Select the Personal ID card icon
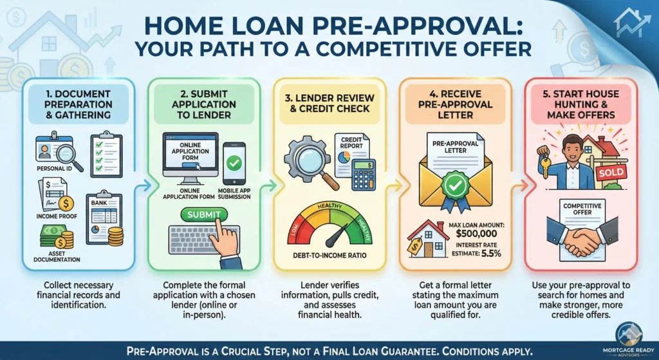click(53, 152)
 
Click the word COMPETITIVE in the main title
click(404, 49)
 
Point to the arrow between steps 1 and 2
click(143, 185)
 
